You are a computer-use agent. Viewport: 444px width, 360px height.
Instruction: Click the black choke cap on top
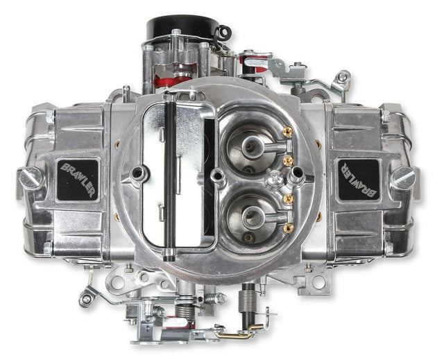[182, 28]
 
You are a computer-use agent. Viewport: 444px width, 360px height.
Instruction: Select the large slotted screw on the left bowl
[31, 178]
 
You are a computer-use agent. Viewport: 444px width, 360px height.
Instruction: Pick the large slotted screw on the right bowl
[403, 178]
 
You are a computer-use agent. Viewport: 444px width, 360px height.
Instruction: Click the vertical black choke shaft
[169, 177]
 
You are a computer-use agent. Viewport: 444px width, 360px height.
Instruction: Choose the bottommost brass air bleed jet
[287, 228]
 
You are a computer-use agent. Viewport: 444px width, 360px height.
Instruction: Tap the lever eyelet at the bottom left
[86, 299]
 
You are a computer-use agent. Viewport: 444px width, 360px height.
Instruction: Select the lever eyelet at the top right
[342, 76]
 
